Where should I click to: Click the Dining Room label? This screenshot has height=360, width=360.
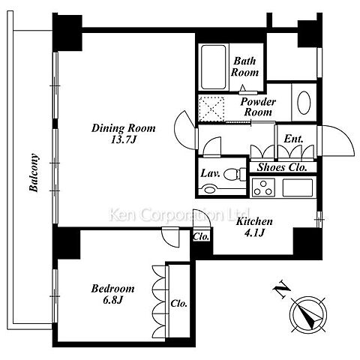coord(124,128)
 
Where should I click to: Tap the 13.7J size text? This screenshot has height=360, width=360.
coord(123,140)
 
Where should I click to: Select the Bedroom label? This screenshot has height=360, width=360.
coord(112,289)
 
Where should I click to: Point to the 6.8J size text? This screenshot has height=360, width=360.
coord(112,300)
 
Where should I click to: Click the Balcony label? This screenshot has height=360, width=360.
coord(34,172)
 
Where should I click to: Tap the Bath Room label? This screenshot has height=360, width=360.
coord(244,67)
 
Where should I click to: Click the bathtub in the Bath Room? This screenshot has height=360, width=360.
coord(214,67)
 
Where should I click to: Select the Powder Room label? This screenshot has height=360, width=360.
coord(258,106)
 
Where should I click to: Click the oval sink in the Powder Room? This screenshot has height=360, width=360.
coord(304,103)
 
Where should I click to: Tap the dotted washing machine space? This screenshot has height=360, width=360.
coord(211,109)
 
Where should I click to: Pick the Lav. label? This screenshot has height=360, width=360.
coord(211,173)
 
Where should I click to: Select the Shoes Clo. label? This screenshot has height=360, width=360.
coord(282,167)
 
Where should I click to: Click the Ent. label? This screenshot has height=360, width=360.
coord(293,139)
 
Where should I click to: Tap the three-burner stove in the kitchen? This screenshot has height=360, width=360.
coord(263,187)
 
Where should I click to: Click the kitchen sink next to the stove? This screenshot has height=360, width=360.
coord(298,187)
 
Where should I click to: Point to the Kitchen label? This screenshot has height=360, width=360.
coord(255,221)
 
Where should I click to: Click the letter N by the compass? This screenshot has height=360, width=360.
coord(282,289)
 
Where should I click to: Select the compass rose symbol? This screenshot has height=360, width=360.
coord(308,314)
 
